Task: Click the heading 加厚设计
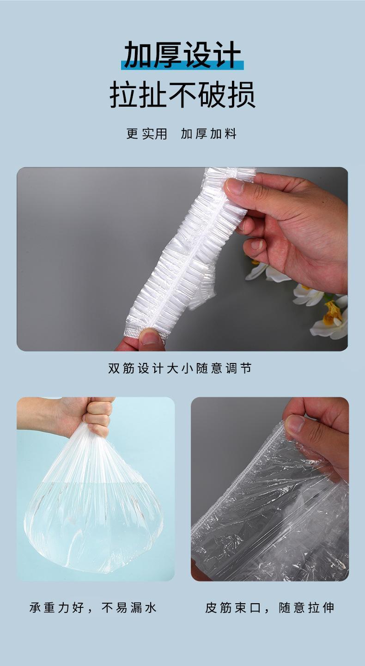(x=182, y=54)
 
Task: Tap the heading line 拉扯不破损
(x=182, y=95)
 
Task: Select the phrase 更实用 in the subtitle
(x=146, y=134)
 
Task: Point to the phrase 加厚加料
(x=208, y=134)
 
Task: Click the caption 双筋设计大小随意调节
(x=180, y=369)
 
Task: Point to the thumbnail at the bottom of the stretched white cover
(x=150, y=338)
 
